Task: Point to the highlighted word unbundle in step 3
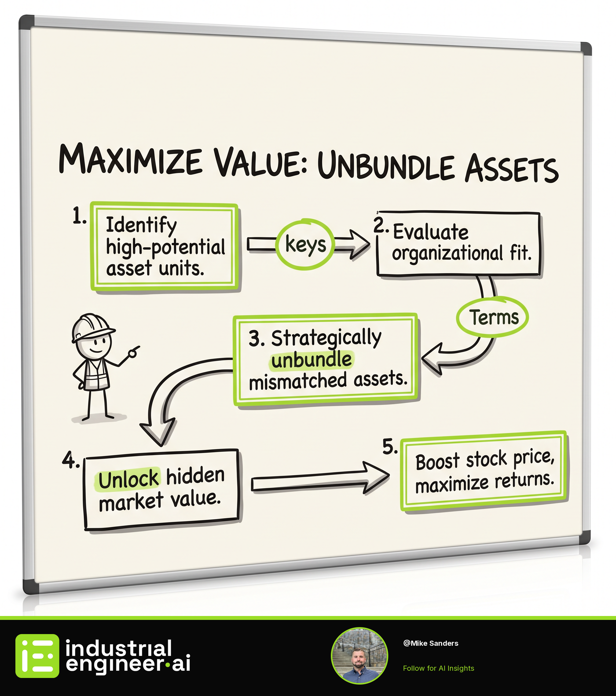(312, 360)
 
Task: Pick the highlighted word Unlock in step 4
(128, 479)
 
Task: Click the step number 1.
(79, 216)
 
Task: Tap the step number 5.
(390, 447)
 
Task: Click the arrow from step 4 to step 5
(320, 479)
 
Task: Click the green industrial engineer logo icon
(37, 656)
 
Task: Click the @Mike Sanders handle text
(430, 643)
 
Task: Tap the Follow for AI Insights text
(438, 668)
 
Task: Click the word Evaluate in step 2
(431, 232)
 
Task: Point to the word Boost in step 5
(437, 462)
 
